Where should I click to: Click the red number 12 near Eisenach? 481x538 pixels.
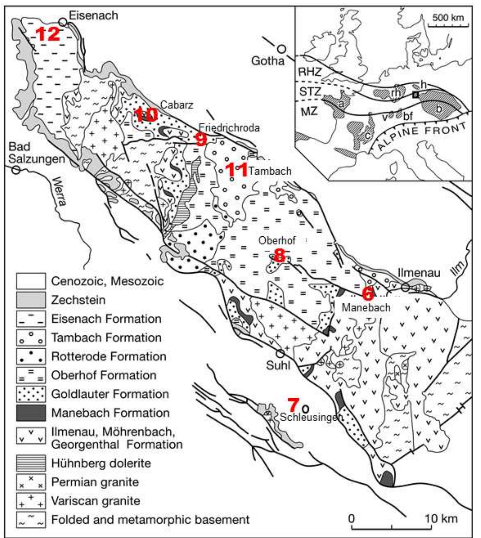(x=48, y=34)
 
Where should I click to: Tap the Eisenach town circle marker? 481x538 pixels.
(x=63, y=22)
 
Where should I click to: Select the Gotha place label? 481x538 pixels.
(x=268, y=60)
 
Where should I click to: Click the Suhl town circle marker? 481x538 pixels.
(x=280, y=353)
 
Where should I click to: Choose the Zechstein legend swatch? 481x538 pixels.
(x=31, y=300)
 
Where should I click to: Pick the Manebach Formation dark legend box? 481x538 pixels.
(x=31, y=413)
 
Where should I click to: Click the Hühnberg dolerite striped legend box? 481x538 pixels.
(x=31, y=463)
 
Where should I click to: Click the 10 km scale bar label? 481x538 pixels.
(x=441, y=519)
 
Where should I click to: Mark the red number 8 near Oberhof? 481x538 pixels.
(x=279, y=255)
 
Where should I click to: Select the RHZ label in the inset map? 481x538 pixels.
(x=310, y=72)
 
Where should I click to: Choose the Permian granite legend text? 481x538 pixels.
(x=95, y=482)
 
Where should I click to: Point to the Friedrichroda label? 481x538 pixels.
(x=229, y=128)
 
